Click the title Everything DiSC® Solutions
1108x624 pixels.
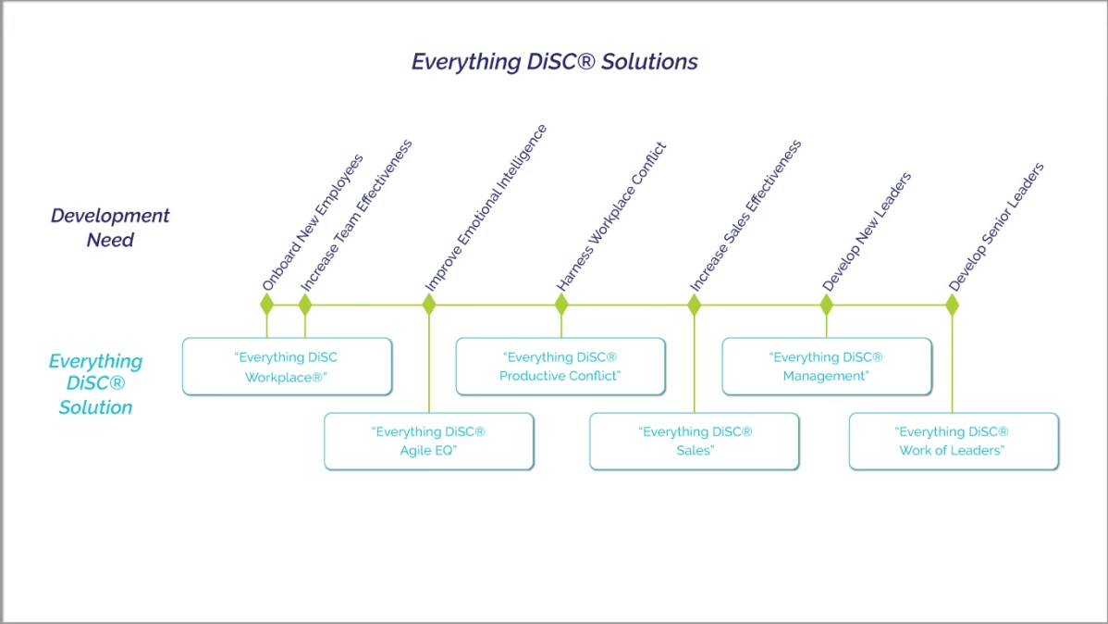(x=554, y=62)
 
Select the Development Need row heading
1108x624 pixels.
(x=110, y=228)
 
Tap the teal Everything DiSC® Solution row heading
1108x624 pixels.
(x=95, y=383)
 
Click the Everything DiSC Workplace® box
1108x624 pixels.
(x=287, y=367)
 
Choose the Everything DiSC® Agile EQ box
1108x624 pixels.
(x=428, y=441)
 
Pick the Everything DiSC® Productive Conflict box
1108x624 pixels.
(x=560, y=367)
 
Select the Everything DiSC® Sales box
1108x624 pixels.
(x=695, y=441)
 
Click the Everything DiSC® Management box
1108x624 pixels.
(x=826, y=367)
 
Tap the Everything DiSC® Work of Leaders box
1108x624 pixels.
(x=953, y=441)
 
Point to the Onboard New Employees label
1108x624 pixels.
(x=312, y=222)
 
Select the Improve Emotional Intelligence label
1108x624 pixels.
(x=486, y=207)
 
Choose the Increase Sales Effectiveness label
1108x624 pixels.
(x=745, y=216)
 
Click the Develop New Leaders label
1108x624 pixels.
(x=867, y=231)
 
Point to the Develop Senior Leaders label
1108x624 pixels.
(x=996, y=227)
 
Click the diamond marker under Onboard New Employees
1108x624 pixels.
(x=266, y=305)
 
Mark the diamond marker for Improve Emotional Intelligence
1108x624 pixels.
(x=428, y=305)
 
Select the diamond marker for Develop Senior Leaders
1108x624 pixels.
(x=953, y=305)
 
